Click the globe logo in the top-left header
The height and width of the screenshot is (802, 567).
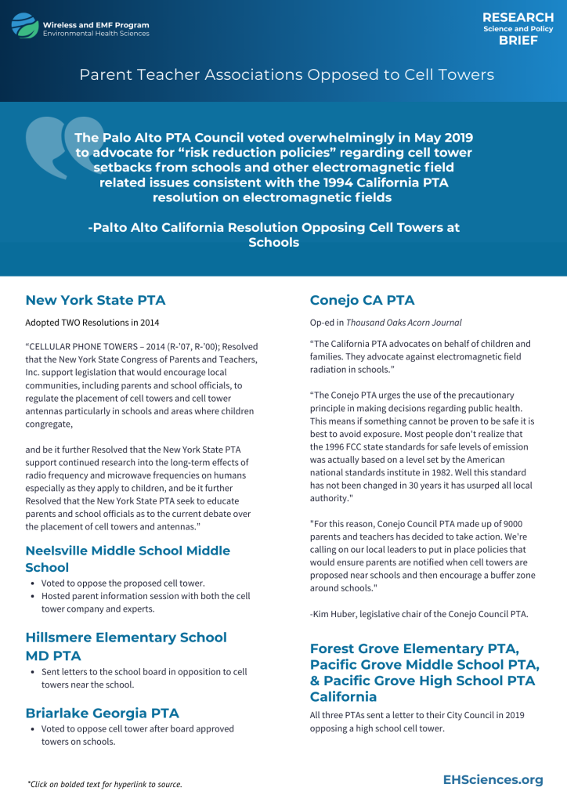(x=24, y=26)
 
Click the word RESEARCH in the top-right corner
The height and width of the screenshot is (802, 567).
(x=518, y=17)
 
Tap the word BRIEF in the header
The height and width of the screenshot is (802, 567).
(x=518, y=41)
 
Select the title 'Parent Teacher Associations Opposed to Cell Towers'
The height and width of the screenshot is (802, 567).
(x=287, y=74)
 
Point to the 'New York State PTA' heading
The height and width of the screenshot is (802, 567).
(x=96, y=300)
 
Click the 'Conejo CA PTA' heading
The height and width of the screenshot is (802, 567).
(x=362, y=300)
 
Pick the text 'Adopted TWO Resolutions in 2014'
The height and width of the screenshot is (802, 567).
(x=92, y=322)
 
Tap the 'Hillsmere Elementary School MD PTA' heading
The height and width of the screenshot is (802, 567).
(x=126, y=646)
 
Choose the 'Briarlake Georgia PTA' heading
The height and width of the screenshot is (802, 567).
(x=102, y=713)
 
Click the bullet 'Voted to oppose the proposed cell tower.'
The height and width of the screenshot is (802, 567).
(x=123, y=583)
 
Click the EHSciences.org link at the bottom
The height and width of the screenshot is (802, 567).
(x=493, y=779)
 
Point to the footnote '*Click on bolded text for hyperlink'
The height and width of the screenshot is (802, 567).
(x=105, y=784)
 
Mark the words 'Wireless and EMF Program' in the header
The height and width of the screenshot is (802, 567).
(x=96, y=25)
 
